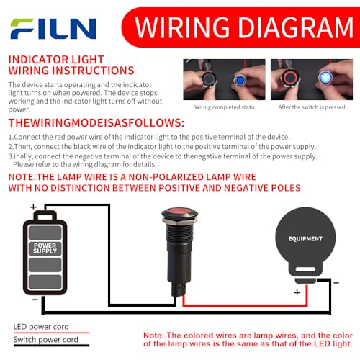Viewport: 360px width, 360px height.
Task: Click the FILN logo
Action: [53, 29]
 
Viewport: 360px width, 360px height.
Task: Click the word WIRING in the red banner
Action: [182, 27]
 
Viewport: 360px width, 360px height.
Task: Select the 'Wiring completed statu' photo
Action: [224, 79]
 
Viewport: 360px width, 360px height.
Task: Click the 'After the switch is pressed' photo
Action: [312, 79]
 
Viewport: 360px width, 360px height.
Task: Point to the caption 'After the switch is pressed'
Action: [312, 107]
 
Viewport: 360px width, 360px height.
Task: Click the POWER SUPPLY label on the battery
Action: [45, 248]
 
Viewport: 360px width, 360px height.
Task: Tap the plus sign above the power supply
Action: [33, 207]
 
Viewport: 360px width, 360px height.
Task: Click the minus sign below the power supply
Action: [35, 300]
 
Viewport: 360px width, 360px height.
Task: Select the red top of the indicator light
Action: [179, 212]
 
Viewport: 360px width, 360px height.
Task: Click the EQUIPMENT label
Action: [305, 239]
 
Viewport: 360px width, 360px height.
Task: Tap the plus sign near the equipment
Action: [297, 292]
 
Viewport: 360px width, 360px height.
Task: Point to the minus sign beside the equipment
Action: [336, 283]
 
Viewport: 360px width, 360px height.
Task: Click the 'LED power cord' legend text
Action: [41, 327]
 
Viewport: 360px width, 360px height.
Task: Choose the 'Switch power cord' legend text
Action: [45, 340]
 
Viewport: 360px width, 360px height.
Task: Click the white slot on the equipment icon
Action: [305, 269]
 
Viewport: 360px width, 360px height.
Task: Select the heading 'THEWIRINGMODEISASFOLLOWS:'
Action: [96, 122]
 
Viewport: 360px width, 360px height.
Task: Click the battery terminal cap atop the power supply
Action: [45, 216]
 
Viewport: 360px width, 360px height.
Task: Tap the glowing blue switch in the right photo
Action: [325, 77]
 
